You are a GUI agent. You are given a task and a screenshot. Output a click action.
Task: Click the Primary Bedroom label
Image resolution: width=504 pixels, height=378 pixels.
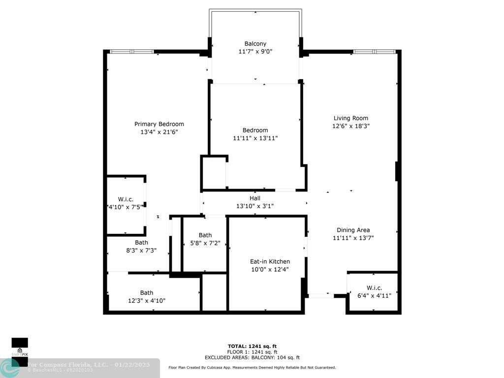click(159, 124)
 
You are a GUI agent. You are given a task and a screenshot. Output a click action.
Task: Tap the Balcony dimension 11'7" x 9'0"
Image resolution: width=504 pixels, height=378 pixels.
click(255, 51)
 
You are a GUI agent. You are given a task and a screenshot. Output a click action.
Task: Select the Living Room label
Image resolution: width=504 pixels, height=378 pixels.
click(350, 118)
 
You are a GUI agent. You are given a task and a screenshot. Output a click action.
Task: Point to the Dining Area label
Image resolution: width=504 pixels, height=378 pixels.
click(353, 230)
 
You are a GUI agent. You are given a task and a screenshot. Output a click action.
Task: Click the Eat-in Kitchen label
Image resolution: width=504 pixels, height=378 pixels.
click(270, 261)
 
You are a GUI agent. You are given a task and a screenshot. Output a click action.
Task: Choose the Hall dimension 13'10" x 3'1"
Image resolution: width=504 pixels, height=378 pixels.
click(255, 206)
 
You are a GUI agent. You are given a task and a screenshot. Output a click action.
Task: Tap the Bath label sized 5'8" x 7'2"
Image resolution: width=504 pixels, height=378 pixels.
click(205, 235)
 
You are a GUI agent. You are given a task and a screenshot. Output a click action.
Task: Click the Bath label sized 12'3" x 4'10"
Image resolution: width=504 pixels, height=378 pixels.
click(147, 293)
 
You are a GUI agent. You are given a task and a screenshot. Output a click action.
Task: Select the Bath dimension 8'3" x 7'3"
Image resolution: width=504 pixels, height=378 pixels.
click(141, 251)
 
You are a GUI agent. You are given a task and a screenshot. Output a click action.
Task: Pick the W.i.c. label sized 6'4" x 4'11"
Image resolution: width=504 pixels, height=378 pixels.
click(374, 288)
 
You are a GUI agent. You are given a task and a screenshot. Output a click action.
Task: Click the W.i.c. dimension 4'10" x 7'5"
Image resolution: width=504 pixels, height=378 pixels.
click(126, 207)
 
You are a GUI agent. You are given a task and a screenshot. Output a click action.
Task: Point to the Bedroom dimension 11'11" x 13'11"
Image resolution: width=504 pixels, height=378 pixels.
click(255, 138)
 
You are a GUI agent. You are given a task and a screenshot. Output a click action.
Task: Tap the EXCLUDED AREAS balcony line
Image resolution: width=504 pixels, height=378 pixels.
click(252, 358)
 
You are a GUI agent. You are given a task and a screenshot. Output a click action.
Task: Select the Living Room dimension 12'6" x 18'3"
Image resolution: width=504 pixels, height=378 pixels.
click(350, 126)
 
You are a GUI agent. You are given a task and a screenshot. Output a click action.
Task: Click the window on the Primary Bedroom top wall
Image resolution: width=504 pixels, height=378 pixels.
click(131, 52)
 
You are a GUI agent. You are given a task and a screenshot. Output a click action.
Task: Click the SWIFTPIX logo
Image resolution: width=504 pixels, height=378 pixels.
click(20, 347)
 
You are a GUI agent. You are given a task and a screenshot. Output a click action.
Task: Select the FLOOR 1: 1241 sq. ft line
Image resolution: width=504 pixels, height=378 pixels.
click(252, 352)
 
